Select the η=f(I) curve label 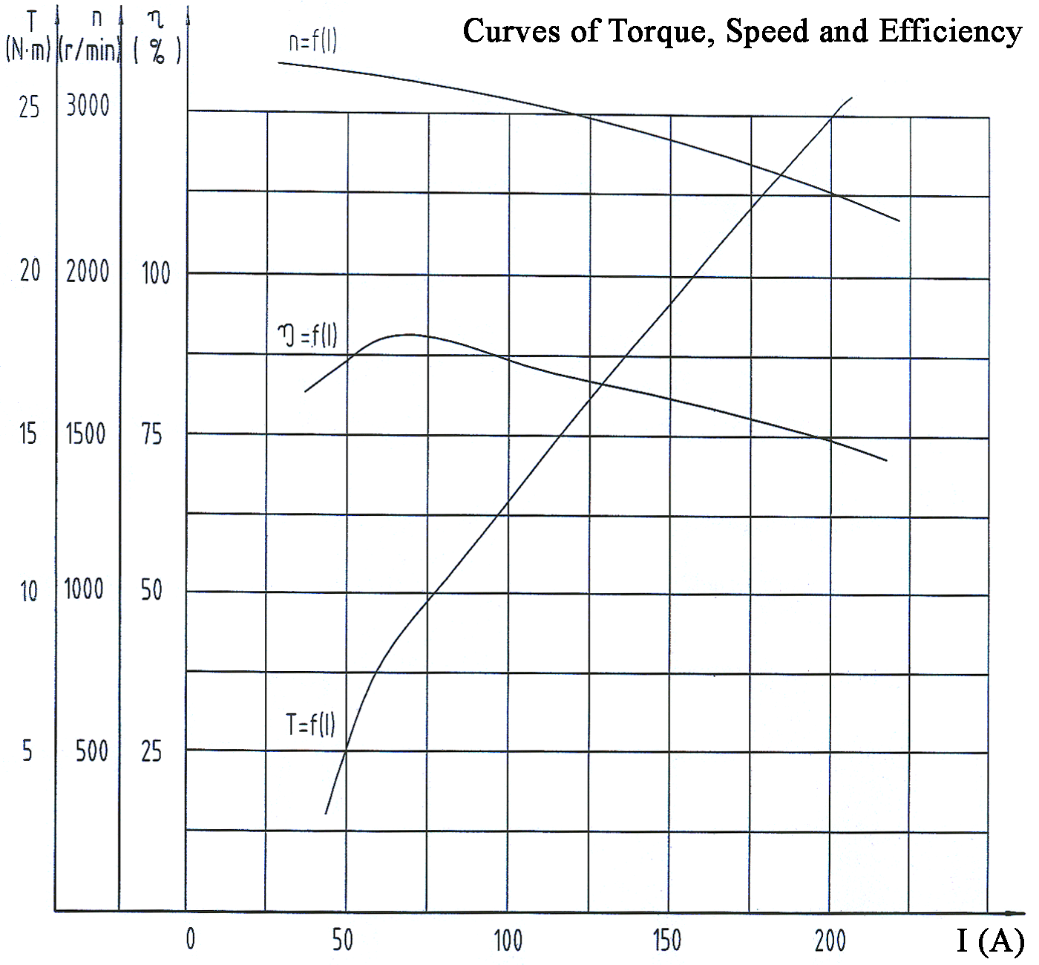coord(307,336)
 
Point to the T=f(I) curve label coord(310,723)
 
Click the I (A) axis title coord(990,941)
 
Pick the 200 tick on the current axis coord(830,941)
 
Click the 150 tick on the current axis coord(667,941)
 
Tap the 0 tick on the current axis coord(191,939)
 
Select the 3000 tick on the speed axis coord(88,105)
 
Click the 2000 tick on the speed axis coord(88,272)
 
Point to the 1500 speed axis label coord(86,434)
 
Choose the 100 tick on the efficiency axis coord(156,274)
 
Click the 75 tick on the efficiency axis coord(151,435)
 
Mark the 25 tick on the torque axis coord(29,108)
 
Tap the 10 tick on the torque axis coord(28,592)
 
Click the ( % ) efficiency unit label coord(157,52)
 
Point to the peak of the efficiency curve coord(408,335)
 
